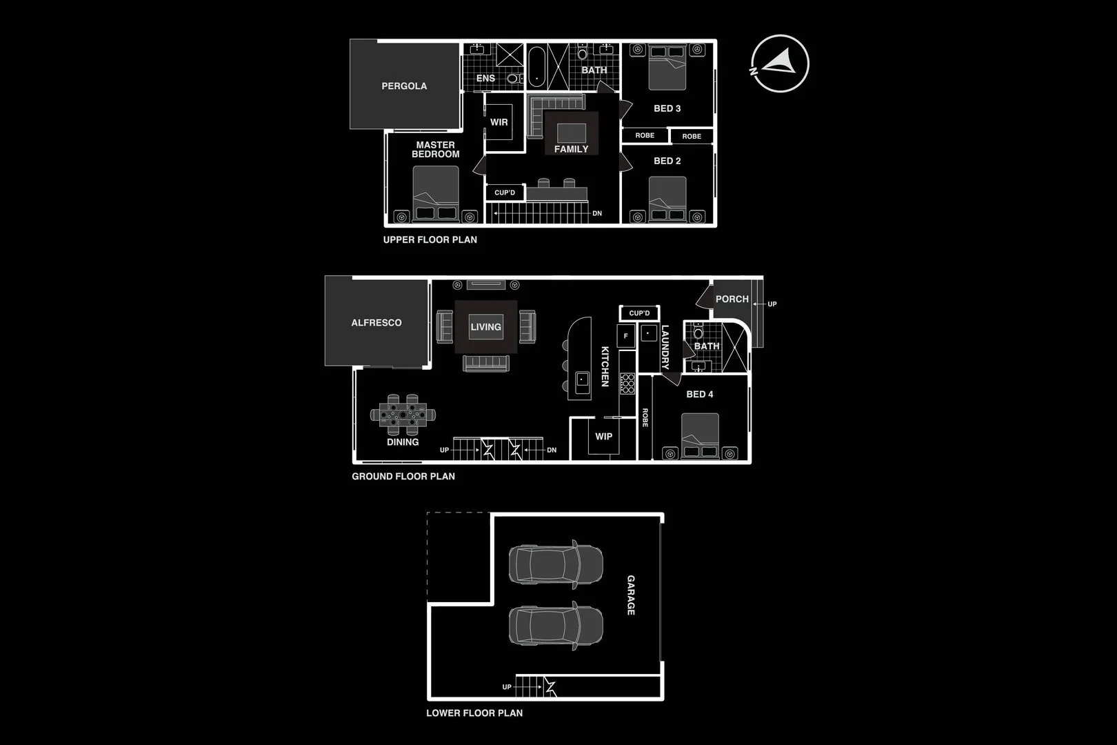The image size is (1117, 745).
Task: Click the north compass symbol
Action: click(x=780, y=63)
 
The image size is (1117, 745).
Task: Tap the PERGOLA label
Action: click(x=404, y=86)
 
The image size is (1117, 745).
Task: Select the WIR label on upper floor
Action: click(x=499, y=122)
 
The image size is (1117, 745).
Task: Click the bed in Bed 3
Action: click(x=667, y=68)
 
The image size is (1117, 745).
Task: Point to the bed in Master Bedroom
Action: click(x=436, y=195)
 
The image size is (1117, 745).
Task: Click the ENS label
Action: click(x=485, y=78)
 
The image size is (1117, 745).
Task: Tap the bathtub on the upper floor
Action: click(x=537, y=67)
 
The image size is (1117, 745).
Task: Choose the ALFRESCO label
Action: click(x=376, y=322)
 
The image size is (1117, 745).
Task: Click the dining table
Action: click(x=403, y=415)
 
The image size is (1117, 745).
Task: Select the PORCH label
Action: click(x=732, y=299)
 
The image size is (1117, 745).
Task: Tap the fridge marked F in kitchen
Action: click(x=626, y=336)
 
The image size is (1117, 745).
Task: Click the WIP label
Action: click(x=603, y=436)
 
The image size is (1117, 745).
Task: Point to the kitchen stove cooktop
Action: click(x=627, y=384)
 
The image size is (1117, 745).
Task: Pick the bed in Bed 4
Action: click(x=700, y=436)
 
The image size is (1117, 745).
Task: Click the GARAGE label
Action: click(x=630, y=595)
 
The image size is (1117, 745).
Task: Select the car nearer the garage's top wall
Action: click(x=556, y=564)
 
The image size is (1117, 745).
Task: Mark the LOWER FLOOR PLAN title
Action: click(x=474, y=713)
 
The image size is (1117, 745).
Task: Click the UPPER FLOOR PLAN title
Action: click(x=430, y=239)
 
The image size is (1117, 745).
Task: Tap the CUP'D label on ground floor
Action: click(x=639, y=313)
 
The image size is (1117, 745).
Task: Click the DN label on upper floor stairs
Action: click(x=597, y=213)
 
